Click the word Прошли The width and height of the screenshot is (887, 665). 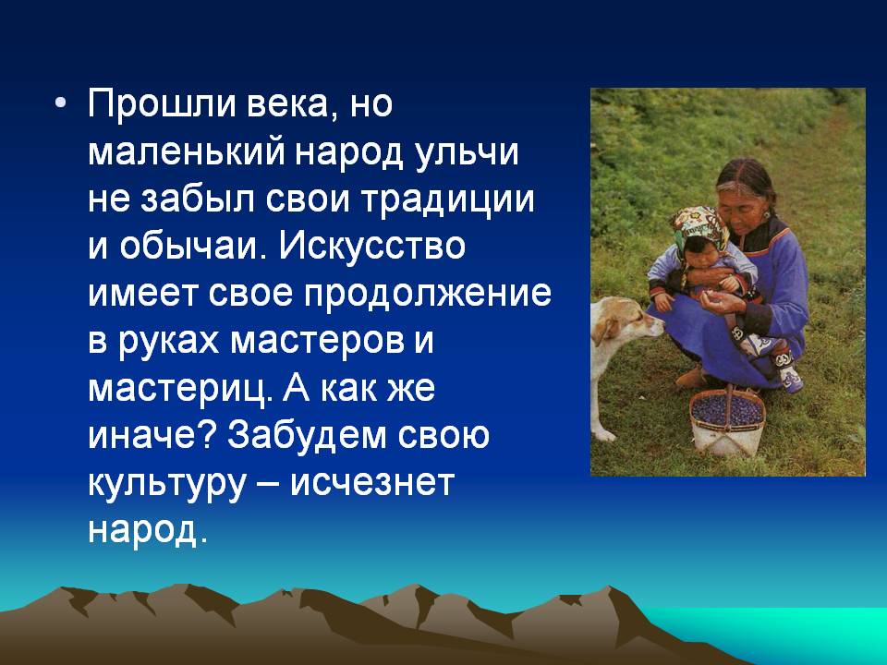162,104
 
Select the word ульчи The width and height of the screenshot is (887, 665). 466,152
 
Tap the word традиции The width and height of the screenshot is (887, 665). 448,200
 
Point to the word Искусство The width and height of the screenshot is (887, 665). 371,246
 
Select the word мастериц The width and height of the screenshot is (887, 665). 177,389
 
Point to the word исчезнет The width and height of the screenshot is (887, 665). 372,483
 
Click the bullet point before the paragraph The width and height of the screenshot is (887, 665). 61,104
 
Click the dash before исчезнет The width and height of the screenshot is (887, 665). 269,485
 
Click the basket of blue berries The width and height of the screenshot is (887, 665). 727,421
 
